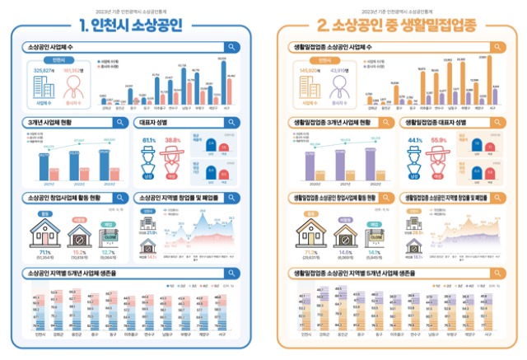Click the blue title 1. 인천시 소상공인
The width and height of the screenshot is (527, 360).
[133, 24]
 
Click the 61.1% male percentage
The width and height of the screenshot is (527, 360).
[149, 141]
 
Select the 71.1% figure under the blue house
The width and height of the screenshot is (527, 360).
[44, 251]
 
